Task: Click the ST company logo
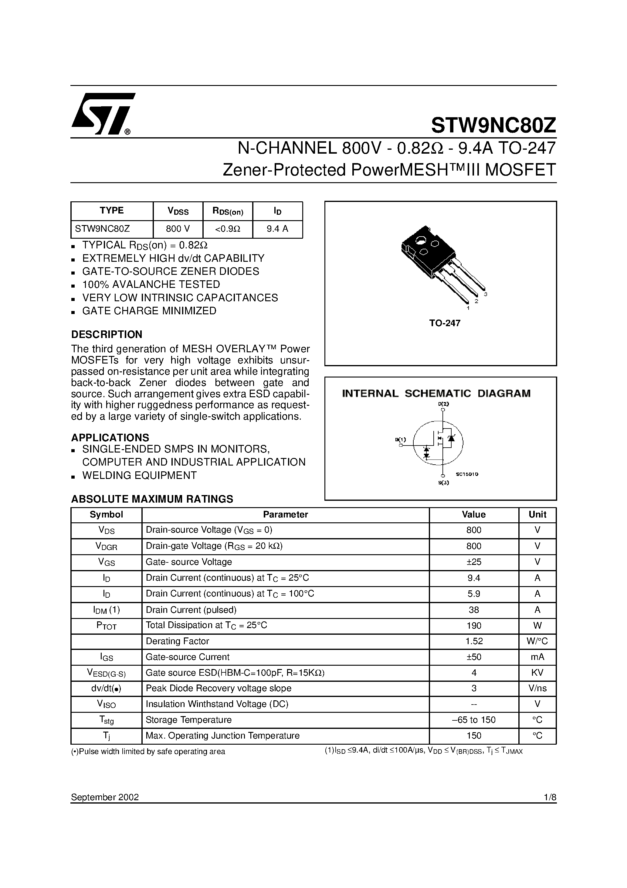tap(103, 114)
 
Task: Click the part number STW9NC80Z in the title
tap(493, 125)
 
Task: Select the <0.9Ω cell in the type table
tap(228, 229)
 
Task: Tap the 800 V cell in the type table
tap(178, 229)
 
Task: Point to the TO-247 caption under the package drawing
tap(445, 323)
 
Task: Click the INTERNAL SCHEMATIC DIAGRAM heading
tap(436, 393)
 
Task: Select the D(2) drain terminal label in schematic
tap(443, 404)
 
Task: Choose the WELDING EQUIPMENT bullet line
tap(139, 475)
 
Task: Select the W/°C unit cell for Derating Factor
tap(537, 641)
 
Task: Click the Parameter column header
tap(285, 514)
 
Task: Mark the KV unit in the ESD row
tap(537, 673)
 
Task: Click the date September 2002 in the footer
tap(105, 797)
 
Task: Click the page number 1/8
tap(550, 797)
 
